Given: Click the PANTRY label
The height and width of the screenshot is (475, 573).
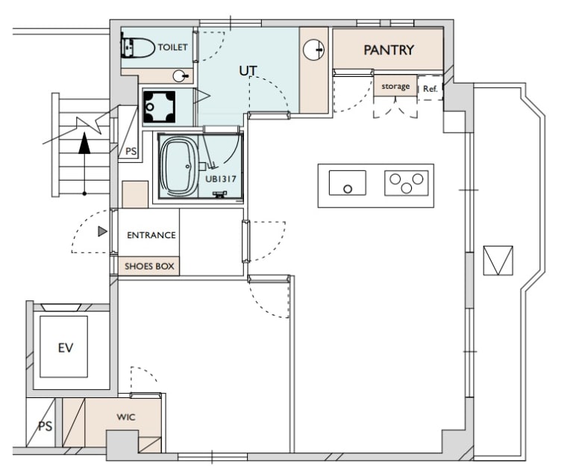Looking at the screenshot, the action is (389, 50).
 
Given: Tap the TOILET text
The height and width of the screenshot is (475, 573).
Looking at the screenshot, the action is (172, 47).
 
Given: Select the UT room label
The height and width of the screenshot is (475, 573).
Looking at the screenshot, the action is (248, 71).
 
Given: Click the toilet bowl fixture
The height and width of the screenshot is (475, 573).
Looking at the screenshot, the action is (138, 47).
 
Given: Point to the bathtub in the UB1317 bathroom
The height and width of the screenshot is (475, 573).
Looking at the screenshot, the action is (179, 167).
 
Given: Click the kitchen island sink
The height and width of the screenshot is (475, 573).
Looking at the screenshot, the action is (347, 183).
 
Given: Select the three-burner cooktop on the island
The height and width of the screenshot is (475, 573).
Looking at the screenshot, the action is (407, 183).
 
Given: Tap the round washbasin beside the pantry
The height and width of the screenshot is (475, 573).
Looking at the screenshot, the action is (313, 49).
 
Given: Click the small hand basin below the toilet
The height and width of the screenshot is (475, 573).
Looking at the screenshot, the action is (179, 76).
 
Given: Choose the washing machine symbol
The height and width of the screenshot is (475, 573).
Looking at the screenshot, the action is (159, 107).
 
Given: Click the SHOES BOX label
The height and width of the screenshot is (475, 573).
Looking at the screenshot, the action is (149, 267).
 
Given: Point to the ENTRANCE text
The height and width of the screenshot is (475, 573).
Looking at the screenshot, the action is (151, 235).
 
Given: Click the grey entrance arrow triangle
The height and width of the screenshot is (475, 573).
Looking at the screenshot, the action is (103, 232).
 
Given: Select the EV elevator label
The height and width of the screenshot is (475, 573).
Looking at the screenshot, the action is (66, 347).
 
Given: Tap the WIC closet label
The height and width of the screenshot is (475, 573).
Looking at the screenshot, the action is (125, 417).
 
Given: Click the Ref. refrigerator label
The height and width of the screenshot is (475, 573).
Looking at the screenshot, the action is (430, 89).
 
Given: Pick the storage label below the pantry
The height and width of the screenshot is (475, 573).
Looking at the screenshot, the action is (395, 87).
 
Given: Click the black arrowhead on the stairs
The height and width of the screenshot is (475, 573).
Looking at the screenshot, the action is (84, 143).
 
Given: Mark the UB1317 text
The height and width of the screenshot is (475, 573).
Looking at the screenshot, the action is (221, 179).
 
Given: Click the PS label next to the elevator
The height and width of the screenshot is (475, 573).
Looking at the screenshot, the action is (46, 426).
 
